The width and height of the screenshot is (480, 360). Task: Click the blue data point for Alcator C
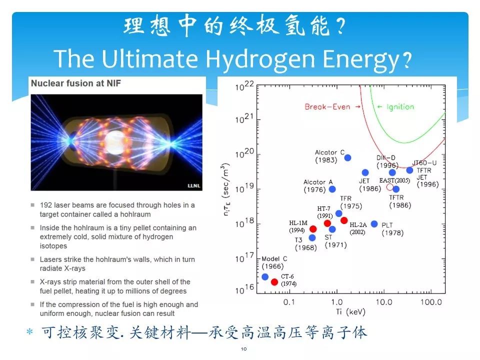pos(347,157)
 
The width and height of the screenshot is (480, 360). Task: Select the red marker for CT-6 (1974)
pos(274,282)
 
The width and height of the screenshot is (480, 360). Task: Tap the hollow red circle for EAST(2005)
pos(389,187)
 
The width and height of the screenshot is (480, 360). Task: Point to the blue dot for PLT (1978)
pos(374,224)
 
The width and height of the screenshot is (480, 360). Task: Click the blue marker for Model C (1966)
pos(265,276)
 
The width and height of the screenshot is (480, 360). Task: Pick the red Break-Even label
pos(327,107)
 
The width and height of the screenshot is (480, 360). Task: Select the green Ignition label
pos(400,107)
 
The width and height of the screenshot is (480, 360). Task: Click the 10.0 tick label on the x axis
pos(384,302)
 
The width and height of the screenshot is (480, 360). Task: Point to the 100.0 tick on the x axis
pos(431,302)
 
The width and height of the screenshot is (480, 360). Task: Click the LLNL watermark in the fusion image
pos(194,185)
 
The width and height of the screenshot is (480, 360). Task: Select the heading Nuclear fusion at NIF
pos(76,83)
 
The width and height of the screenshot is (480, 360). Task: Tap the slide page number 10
pos(243,348)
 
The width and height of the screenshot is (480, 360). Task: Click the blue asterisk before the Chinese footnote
pos(29,332)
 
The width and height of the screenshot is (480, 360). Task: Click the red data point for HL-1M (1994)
pos(313,229)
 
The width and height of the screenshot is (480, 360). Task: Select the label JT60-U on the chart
pos(424,163)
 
